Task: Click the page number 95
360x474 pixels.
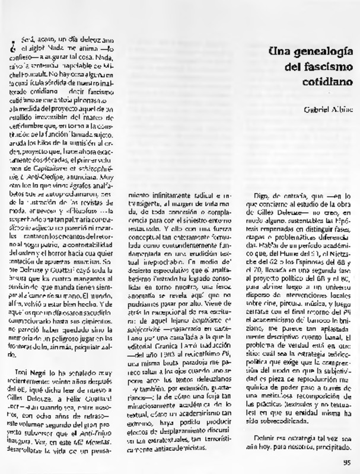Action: point(346,464)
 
